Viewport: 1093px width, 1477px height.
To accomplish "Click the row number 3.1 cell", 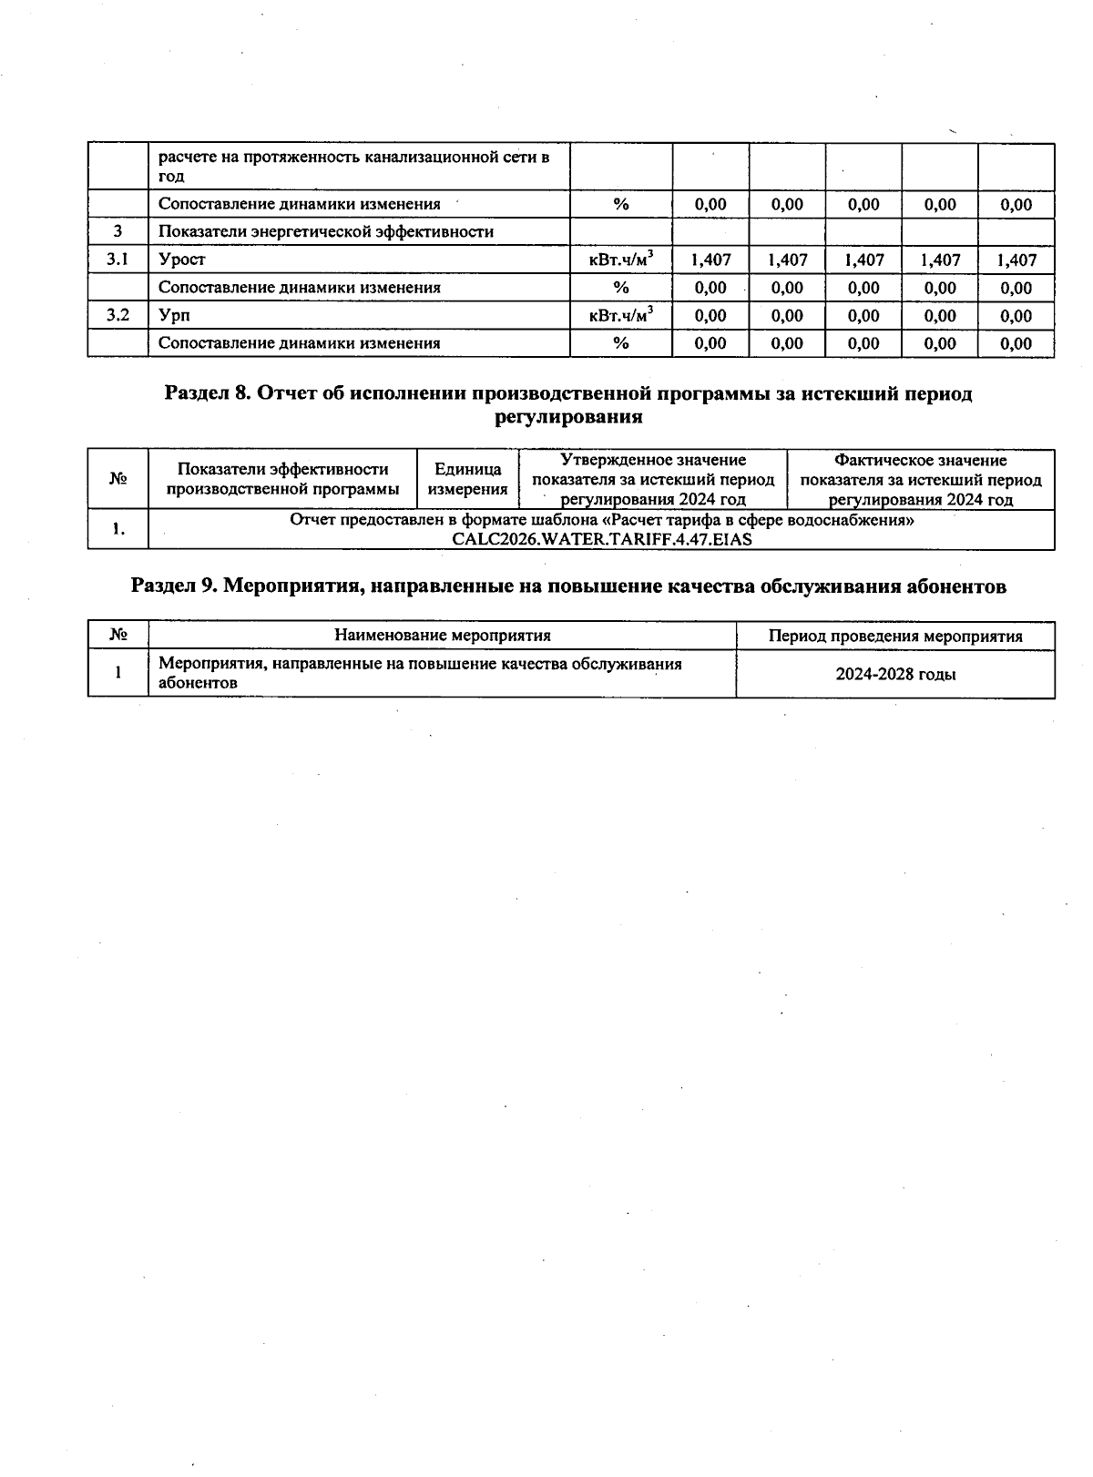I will (x=117, y=260).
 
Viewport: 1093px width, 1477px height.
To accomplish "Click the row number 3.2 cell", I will (x=117, y=315).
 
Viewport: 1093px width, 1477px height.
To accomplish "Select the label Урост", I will (x=182, y=260).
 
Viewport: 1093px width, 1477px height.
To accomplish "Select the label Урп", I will (x=174, y=315).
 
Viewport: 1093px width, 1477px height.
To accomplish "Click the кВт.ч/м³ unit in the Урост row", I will (x=621, y=260).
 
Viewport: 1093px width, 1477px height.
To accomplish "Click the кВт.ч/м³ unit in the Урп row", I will (x=621, y=315).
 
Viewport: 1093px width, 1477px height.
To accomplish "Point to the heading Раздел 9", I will (x=568, y=586).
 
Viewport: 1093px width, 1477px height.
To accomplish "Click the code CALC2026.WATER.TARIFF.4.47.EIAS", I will (x=602, y=538).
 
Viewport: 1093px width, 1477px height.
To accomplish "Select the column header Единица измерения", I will (x=467, y=479).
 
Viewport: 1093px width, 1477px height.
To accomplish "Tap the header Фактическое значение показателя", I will (x=920, y=479).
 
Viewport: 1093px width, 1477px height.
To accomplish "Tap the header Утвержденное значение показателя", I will (x=653, y=479).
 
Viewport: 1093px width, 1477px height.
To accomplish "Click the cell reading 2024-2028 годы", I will (x=895, y=675).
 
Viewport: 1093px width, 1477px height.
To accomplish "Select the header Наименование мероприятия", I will (x=443, y=636).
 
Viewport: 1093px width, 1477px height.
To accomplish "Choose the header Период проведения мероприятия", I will (x=895, y=636).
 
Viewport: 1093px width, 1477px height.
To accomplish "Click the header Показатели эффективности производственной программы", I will (x=282, y=479).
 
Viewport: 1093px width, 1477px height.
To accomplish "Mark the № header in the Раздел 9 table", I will (x=117, y=636).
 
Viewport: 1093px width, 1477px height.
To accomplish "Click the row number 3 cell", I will (x=117, y=231).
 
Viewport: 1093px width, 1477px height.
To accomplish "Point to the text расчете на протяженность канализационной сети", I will (x=353, y=158).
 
